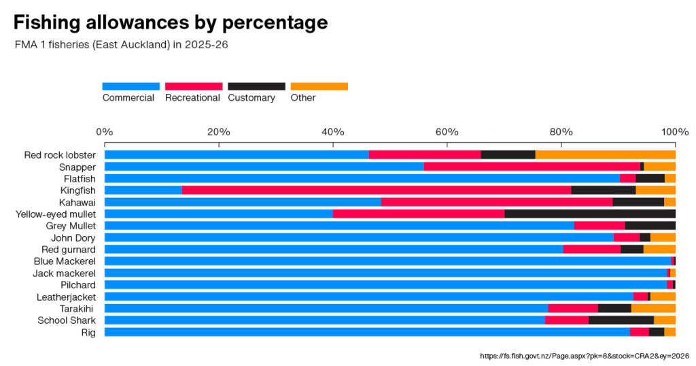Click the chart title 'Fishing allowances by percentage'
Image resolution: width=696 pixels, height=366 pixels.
(x=171, y=22)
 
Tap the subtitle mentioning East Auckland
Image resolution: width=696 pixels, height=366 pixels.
(x=121, y=45)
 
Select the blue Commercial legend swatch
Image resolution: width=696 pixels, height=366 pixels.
(x=131, y=86)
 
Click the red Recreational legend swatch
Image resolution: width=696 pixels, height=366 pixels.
(x=194, y=86)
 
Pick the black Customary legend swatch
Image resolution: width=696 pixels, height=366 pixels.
(x=256, y=86)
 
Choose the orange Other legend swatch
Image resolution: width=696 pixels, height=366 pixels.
(x=319, y=86)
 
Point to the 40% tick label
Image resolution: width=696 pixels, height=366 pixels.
(x=332, y=132)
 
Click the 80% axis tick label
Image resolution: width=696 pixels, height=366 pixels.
(x=561, y=132)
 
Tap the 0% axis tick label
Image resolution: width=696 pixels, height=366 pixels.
(x=104, y=132)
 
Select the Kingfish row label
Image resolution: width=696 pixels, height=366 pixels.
(x=78, y=190)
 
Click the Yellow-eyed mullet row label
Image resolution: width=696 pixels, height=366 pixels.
(x=56, y=214)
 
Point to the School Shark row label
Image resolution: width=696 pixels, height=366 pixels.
(x=67, y=320)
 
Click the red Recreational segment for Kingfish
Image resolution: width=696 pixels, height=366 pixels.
(x=377, y=190)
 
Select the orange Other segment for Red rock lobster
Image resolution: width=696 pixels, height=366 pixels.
(x=606, y=154)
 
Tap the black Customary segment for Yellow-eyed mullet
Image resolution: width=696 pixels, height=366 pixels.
(x=590, y=214)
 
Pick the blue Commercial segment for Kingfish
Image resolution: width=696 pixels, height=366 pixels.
(x=143, y=190)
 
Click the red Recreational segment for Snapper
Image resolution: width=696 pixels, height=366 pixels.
(x=532, y=167)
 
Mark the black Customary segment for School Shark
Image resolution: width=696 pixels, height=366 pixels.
(x=621, y=320)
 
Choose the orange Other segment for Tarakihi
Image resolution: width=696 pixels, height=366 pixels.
(x=653, y=308)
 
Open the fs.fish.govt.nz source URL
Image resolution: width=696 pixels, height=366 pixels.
(x=585, y=356)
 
